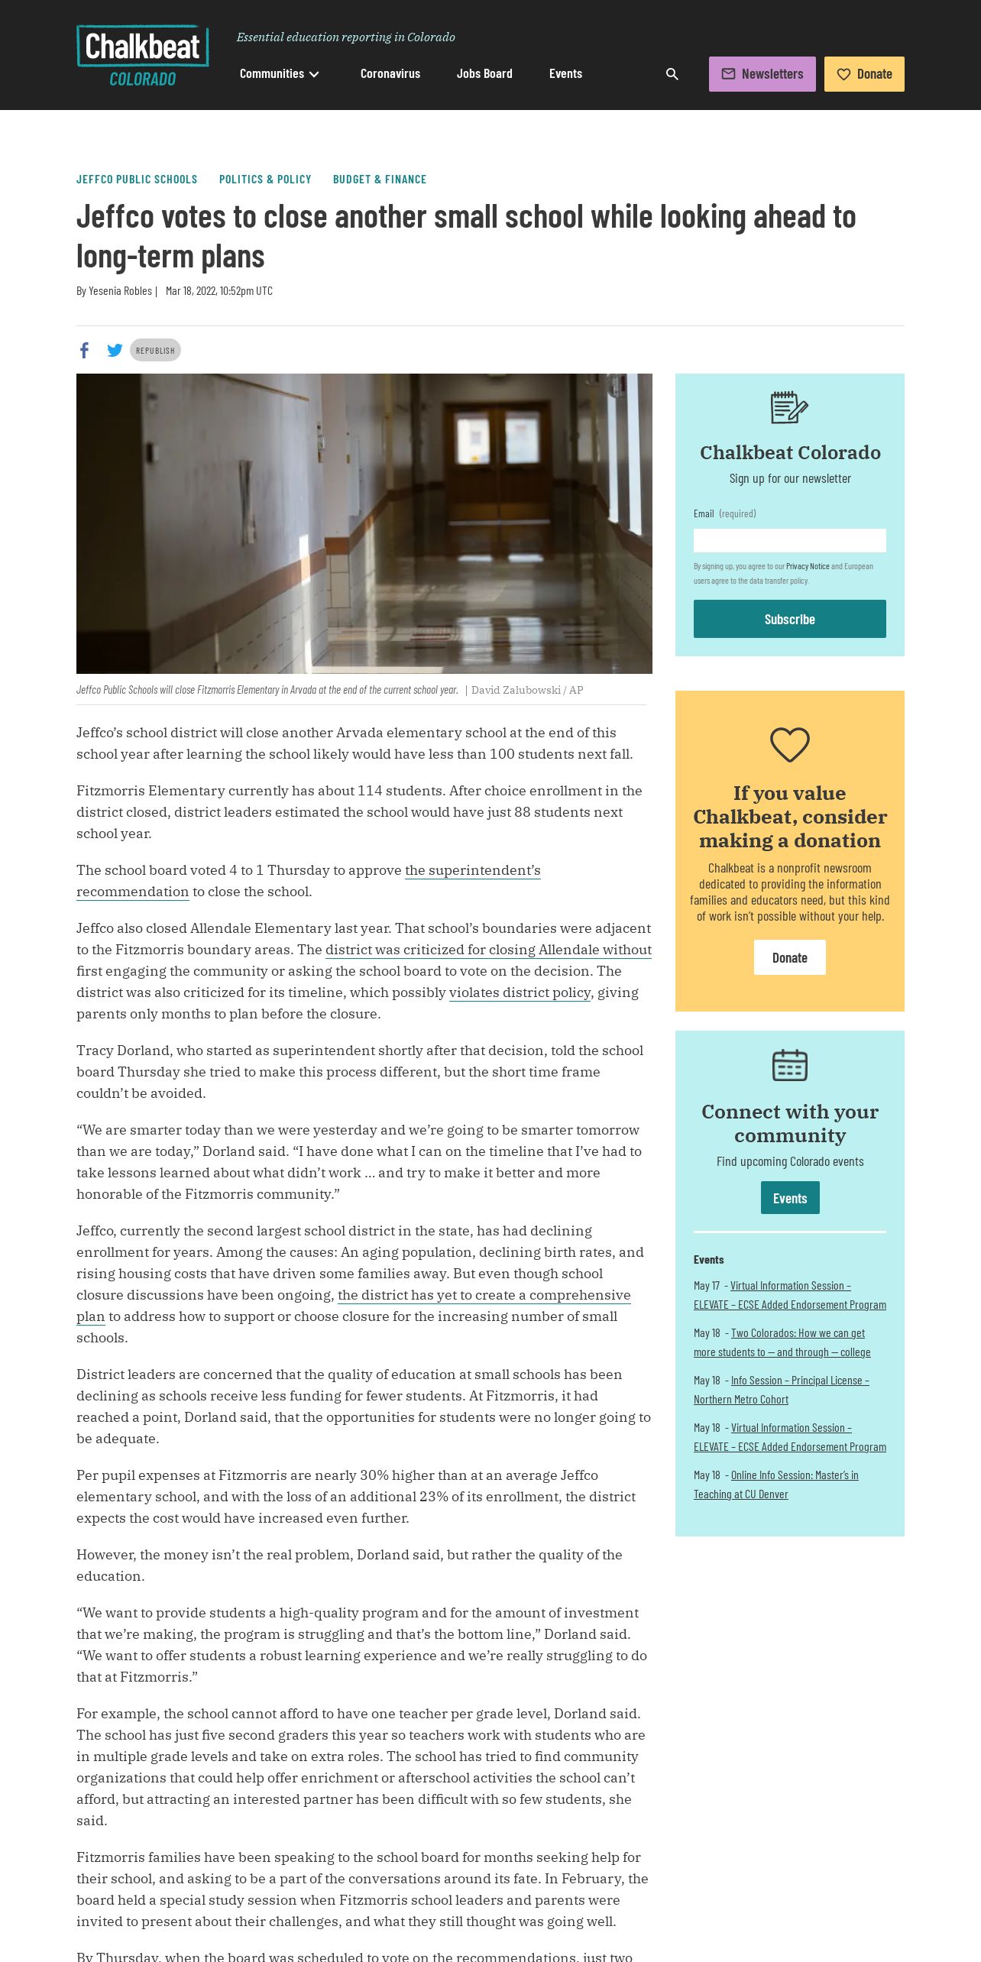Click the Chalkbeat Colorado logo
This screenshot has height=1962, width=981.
(143, 57)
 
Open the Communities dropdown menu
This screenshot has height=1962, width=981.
(279, 74)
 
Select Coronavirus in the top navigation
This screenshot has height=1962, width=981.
(390, 74)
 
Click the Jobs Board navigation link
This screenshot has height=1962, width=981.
(484, 74)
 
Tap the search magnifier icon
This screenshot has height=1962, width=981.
(672, 74)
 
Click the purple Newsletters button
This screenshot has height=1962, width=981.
(762, 74)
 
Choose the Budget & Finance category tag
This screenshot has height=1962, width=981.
(380, 180)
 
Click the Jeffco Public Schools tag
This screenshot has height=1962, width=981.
(137, 180)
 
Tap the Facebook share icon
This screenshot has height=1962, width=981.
(85, 350)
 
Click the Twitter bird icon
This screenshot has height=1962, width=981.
(115, 350)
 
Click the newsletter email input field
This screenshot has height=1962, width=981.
(789, 540)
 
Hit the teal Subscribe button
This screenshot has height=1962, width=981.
(789, 619)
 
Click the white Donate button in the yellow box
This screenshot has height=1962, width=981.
(789, 957)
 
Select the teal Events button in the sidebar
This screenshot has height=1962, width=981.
(789, 1198)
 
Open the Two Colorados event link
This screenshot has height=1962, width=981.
(798, 1333)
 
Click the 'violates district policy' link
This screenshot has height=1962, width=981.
(520, 992)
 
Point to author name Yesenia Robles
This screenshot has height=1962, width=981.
(120, 291)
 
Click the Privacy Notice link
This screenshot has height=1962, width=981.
(808, 566)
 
